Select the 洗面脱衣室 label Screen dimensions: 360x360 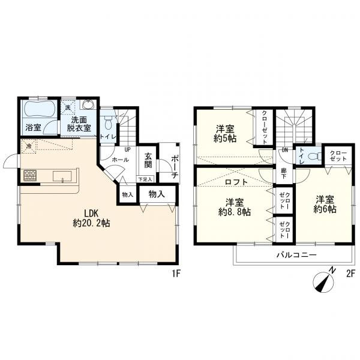[78, 124]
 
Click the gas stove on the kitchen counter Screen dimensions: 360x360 [30, 175]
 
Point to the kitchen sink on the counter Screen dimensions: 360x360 [62, 176]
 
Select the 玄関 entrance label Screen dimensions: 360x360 [148, 161]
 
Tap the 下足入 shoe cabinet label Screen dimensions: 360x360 [145, 178]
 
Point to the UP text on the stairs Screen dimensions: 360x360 [127, 150]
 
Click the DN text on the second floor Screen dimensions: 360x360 [286, 151]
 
